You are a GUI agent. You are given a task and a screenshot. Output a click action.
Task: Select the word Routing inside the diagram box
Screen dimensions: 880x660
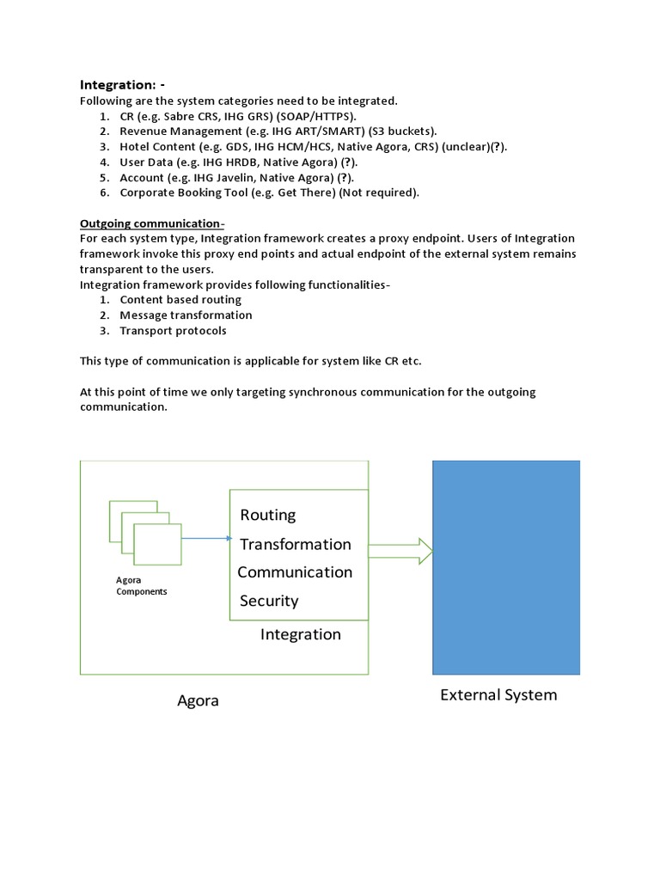tap(267, 515)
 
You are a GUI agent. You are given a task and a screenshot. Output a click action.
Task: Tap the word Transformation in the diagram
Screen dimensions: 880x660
tap(295, 544)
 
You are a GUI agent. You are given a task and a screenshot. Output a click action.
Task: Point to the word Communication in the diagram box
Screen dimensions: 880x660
tap(295, 572)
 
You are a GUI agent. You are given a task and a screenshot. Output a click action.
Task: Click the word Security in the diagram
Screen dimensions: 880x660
tap(268, 601)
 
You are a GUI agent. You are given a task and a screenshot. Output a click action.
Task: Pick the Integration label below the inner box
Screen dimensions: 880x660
tap(300, 634)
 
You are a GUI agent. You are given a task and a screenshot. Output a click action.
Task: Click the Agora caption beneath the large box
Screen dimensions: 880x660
tap(198, 700)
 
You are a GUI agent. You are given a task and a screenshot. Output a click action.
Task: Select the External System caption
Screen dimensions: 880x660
tap(498, 694)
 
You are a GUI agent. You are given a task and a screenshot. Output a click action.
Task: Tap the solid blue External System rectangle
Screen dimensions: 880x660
tap(505, 567)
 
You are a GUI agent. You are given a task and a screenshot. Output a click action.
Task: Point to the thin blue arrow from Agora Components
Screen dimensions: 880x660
tap(206, 539)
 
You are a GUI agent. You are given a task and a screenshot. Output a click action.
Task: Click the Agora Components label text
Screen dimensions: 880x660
tap(142, 586)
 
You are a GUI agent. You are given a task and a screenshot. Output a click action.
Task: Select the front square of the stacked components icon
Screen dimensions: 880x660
tap(158, 543)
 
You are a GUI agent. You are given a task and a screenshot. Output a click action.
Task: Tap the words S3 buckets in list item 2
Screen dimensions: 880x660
tap(407, 131)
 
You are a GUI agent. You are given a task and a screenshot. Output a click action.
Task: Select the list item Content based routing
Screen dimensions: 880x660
tap(180, 300)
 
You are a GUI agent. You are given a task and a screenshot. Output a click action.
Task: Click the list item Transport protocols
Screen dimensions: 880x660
tap(173, 331)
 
